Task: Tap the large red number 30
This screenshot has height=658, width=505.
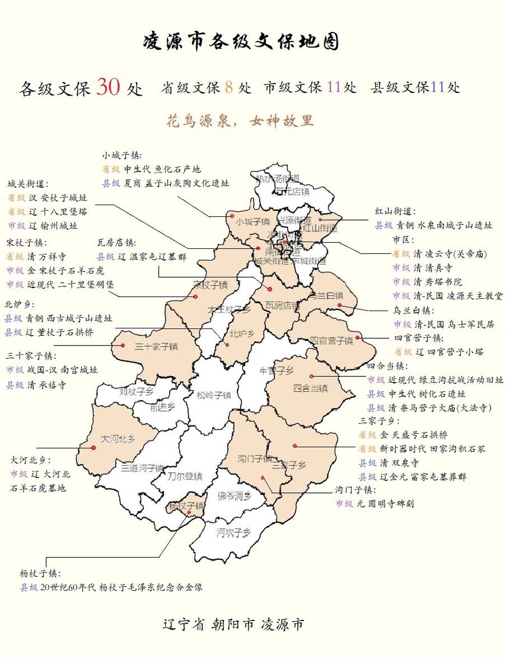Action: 108,87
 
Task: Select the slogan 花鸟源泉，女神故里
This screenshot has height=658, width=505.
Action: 240,121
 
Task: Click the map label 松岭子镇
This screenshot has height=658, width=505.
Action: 214,395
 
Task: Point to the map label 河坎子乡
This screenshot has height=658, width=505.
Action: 233,532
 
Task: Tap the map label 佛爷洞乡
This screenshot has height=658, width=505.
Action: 234,496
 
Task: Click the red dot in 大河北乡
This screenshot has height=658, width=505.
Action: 93,448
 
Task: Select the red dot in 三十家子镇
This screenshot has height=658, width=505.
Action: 123,345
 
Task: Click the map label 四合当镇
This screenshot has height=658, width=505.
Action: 310,388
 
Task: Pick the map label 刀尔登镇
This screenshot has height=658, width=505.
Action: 185,477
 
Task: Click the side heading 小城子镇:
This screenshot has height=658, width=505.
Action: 122,155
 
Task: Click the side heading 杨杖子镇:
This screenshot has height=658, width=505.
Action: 40,573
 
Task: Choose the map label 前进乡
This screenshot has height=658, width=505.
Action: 162,407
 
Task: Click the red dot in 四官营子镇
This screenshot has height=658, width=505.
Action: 358,338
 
